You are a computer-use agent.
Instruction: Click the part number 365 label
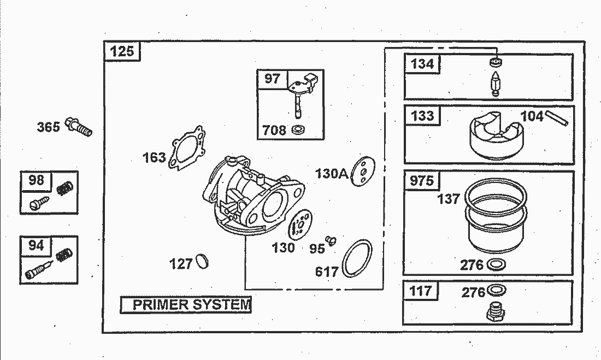point(48,127)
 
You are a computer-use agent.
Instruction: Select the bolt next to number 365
point(79,127)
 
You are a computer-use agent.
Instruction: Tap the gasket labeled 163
point(187,147)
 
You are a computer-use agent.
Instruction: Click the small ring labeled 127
point(202,261)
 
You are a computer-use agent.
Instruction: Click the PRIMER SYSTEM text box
point(186,304)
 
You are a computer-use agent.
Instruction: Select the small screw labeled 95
point(331,240)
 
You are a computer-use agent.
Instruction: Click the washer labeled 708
point(298,129)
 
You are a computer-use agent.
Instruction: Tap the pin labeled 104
point(557,117)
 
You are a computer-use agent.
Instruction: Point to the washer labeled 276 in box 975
point(496,264)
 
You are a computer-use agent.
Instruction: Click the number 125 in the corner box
point(122,51)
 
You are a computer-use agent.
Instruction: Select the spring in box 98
point(65,188)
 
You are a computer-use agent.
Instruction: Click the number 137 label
point(449,199)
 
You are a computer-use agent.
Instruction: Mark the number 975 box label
point(422,180)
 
